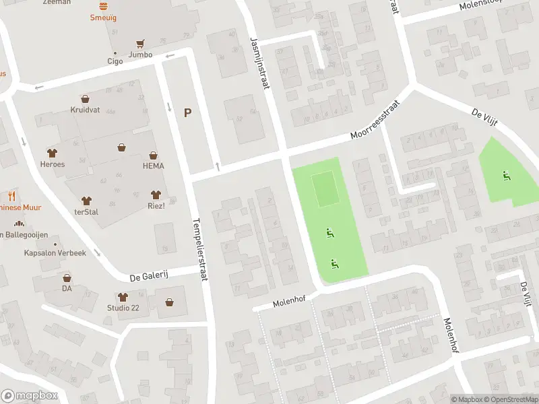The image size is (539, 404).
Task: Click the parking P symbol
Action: point(187,114)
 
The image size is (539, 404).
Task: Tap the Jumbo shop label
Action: point(140,55)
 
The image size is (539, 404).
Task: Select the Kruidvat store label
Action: point(85,109)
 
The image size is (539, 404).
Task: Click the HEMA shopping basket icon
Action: point(153,155)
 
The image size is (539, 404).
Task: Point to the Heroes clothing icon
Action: point(53,154)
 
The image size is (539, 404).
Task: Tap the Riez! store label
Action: point(156,205)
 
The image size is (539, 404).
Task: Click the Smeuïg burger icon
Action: point(103,6)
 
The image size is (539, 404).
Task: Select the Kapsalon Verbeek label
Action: point(55,252)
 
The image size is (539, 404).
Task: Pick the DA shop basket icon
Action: point(67,277)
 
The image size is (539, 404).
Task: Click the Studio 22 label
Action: point(123,308)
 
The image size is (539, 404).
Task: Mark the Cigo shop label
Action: point(115,61)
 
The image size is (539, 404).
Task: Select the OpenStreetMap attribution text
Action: point(509,399)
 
